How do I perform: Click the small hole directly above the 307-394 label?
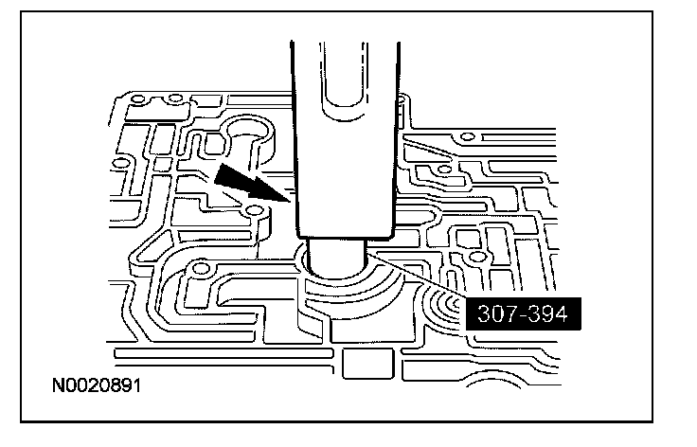coord(477,257)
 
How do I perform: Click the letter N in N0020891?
coord(60,385)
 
